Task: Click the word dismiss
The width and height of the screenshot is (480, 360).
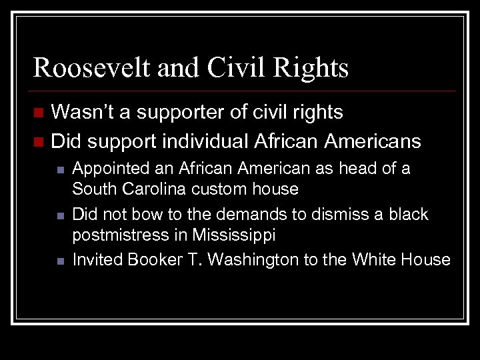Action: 331,214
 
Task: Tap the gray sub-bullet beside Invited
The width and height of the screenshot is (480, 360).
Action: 59,261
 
